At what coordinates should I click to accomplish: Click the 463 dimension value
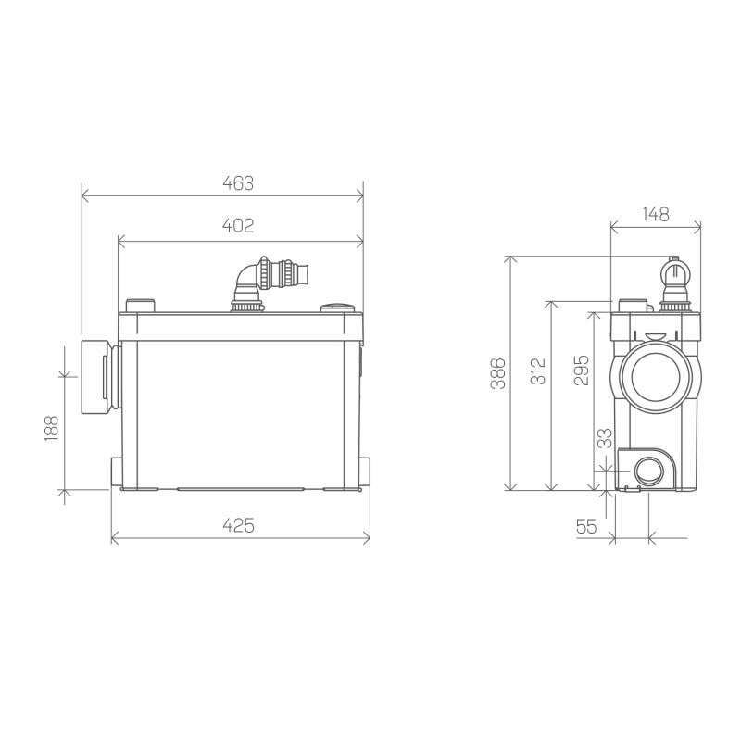pyautogui.click(x=238, y=183)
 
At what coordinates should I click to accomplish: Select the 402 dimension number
pyautogui.click(x=238, y=226)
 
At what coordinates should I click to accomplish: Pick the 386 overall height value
pyautogui.click(x=497, y=374)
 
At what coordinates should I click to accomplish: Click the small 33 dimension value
pyautogui.click(x=603, y=439)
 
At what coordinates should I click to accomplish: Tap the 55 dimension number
pyautogui.click(x=586, y=526)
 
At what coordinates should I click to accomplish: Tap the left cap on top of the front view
pyautogui.click(x=141, y=306)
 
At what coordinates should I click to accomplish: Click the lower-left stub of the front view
pyautogui.click(x=115, y=472)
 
